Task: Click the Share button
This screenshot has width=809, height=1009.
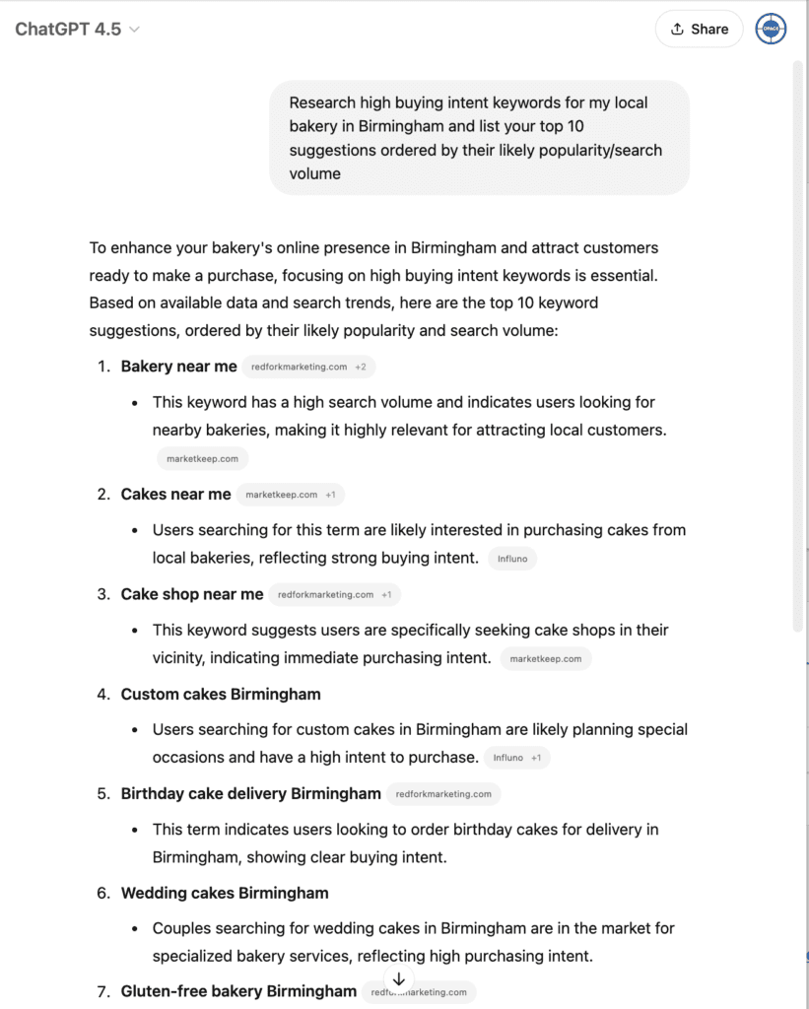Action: pos(699,29)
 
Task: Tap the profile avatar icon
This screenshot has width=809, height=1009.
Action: pos(771,29)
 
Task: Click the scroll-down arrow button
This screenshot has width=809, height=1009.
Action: pos(398,979)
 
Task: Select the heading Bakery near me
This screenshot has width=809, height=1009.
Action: pos(178,367)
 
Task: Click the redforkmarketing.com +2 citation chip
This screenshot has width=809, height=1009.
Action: pos(308,367)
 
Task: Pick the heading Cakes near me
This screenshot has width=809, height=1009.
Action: pos(175,495)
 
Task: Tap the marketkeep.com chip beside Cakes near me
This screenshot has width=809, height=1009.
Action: pos(290,495)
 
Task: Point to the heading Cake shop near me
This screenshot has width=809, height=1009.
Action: pos(192,594)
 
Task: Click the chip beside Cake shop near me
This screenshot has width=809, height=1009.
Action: pos(334,595)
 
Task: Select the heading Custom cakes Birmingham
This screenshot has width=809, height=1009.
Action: pos(221,694)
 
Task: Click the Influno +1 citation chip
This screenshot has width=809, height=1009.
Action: pos(517,758)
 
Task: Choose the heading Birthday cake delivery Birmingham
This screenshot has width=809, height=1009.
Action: pos(250,793)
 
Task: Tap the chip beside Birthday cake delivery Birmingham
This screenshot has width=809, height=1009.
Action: pos(443,793)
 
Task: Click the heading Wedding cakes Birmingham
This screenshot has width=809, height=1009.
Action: pos(225,893)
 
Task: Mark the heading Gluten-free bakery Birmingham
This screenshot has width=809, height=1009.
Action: pos(238,991)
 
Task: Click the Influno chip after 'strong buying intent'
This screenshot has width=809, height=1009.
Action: pos(512,559)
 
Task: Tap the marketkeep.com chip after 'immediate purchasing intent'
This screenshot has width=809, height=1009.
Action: pos(545,658)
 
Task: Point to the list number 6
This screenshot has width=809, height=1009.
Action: pos(102,893)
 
